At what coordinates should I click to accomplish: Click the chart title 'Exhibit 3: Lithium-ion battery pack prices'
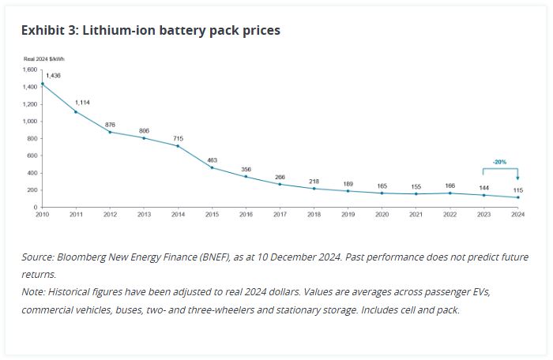pos(150,30)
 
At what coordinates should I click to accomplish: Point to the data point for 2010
pos(43,84)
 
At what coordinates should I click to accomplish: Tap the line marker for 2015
pos(212,167)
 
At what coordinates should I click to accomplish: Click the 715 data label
pos(178,137)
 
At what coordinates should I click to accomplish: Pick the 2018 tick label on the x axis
pos(314,214)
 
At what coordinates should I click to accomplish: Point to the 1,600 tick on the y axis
pos(28,69)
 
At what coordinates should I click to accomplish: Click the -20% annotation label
pos(500,161)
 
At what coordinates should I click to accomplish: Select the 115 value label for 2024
pos(518,189)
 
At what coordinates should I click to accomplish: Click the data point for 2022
pos(450,193)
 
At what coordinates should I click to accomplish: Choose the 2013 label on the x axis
pos(145,214)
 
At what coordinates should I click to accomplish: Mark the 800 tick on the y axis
pos(31,138)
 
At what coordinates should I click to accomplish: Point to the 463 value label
pos(212,159)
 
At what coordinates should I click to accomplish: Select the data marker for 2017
pos(280,184)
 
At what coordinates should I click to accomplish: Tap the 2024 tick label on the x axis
pos(517,214)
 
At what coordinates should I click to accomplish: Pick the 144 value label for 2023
pos(483,186)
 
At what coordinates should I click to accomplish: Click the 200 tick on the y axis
pos(31,190)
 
